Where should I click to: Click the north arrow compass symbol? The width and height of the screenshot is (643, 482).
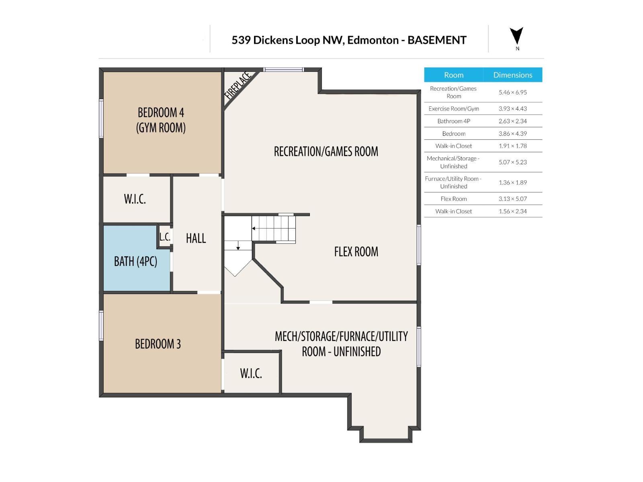pyautogui.click(x=516, y=37)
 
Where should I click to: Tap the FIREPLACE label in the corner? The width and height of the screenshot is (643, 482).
pyautogui.click(x=238, y=86)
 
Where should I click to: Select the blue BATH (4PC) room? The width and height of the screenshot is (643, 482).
pyautogui.click(x=135, y=261)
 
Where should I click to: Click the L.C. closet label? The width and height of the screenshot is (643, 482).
pyautogui.click(x=165, y=237)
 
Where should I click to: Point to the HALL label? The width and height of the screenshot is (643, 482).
pyautogui.click(x=196, y=238)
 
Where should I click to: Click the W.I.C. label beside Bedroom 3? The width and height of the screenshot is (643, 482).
pyautogui.click(x=251, y=373)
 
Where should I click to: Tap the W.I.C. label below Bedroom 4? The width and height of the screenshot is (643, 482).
pyautogui.click(x=135, y=199)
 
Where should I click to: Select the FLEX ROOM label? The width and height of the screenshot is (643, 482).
pyautogui.click(x=356, y=252)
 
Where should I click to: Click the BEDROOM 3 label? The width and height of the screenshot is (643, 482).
pyautogui.click(x=158, y=344)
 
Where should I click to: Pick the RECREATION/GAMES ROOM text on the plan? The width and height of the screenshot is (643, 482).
pyautogui.click(x=326, y=151)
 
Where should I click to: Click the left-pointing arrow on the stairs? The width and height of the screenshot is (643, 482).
pyautogui.click(x=254, y=228)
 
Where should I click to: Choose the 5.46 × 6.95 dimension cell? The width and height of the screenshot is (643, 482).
pyautogui.click(x=512, y=92)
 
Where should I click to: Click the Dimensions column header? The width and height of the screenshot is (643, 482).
pyautogui.click(x=512, y=75)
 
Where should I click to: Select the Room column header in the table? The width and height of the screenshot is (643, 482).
pyautogui.click(x=453, y=75)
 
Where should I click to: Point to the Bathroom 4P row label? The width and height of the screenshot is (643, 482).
pyautogui.click(x=453, y=121)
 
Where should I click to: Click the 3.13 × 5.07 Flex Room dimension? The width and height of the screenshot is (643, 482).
pyautogui.click(x=512, y=199)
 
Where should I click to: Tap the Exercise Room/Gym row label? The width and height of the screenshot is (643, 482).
pyautogui.click(x=453, y=108)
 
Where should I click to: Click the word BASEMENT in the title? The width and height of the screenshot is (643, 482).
pyautogui.click(x=437, y=40)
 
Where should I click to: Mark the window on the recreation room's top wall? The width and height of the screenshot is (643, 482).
pyautogui.click(x=283, y=70)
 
